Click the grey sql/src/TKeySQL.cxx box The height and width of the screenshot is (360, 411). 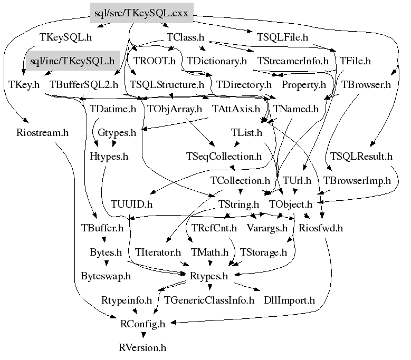tap(142, 13)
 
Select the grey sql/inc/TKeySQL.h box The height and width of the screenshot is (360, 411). tap(72, 61)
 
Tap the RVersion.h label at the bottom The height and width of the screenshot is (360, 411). tap(142, 348)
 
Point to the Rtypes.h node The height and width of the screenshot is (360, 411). tap(208, 276)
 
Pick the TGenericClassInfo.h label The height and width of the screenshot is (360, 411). tap(209, 300)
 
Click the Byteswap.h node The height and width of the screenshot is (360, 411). tap(106, 276)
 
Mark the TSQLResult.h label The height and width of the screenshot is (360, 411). tap(362, 156)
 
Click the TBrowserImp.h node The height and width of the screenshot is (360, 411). tap(357, 180)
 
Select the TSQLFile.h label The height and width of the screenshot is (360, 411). tap(282, 37)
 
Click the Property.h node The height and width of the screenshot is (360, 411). tap(303, 84)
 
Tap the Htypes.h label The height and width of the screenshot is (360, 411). tap(109, 156)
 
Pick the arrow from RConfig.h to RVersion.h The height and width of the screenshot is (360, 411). tap(142, 336)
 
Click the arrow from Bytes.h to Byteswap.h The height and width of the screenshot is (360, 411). tap(106, 264)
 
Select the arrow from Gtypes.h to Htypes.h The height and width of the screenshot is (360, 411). tap(109, 144)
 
